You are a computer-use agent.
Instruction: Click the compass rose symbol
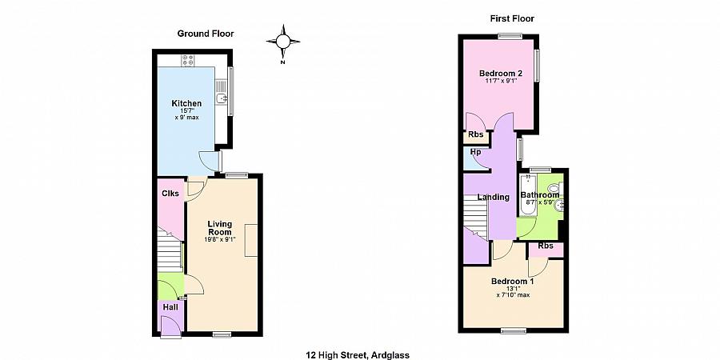(x=283, y=42)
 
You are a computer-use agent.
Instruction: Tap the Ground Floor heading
(x=206, y=34)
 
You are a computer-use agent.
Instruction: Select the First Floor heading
(x=512, y=19)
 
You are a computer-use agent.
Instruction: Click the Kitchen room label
(x=186, y=103)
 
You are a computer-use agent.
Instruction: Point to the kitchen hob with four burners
(x=188, y=61)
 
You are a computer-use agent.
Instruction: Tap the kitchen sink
(x=222, y=98)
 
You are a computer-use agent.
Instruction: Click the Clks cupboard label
(x=170, y=194)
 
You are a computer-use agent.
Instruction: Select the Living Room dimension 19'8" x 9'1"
(x=220, y=238)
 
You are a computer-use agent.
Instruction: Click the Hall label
(x=170, y=307)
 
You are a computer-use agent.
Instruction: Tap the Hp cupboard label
(x=476, y=151)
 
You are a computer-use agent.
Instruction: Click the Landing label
(x=493, y=198)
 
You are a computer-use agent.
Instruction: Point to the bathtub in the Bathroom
(x=526, y=196)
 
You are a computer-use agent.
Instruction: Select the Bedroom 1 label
(x=513, y=282)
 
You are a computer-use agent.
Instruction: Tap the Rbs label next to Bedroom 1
(x=545, y=246)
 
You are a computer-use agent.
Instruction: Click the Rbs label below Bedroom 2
(x=476, y=135)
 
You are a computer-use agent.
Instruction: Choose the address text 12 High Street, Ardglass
(x=358, y=355)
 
